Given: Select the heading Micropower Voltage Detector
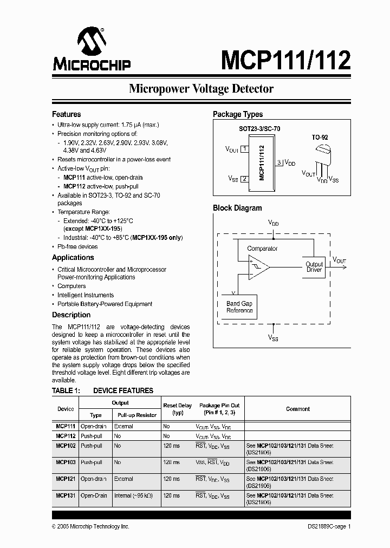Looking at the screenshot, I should point(201,89).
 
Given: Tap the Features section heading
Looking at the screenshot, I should point(67,114).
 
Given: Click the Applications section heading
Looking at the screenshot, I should point(73,258).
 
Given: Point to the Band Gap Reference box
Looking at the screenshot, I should point(239,307).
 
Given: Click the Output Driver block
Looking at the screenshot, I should point(314,267).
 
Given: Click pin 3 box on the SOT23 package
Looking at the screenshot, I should point(278,162).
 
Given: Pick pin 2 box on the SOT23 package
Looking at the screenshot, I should point(244,179).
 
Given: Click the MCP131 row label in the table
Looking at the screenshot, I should point(66,496).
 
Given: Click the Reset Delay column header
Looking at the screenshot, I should point(177,409).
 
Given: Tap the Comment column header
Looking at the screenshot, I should point(297,409).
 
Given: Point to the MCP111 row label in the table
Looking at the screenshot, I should point(66,427).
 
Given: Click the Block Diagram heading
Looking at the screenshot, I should point(237,208).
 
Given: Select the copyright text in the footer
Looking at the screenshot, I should point(90,526).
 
